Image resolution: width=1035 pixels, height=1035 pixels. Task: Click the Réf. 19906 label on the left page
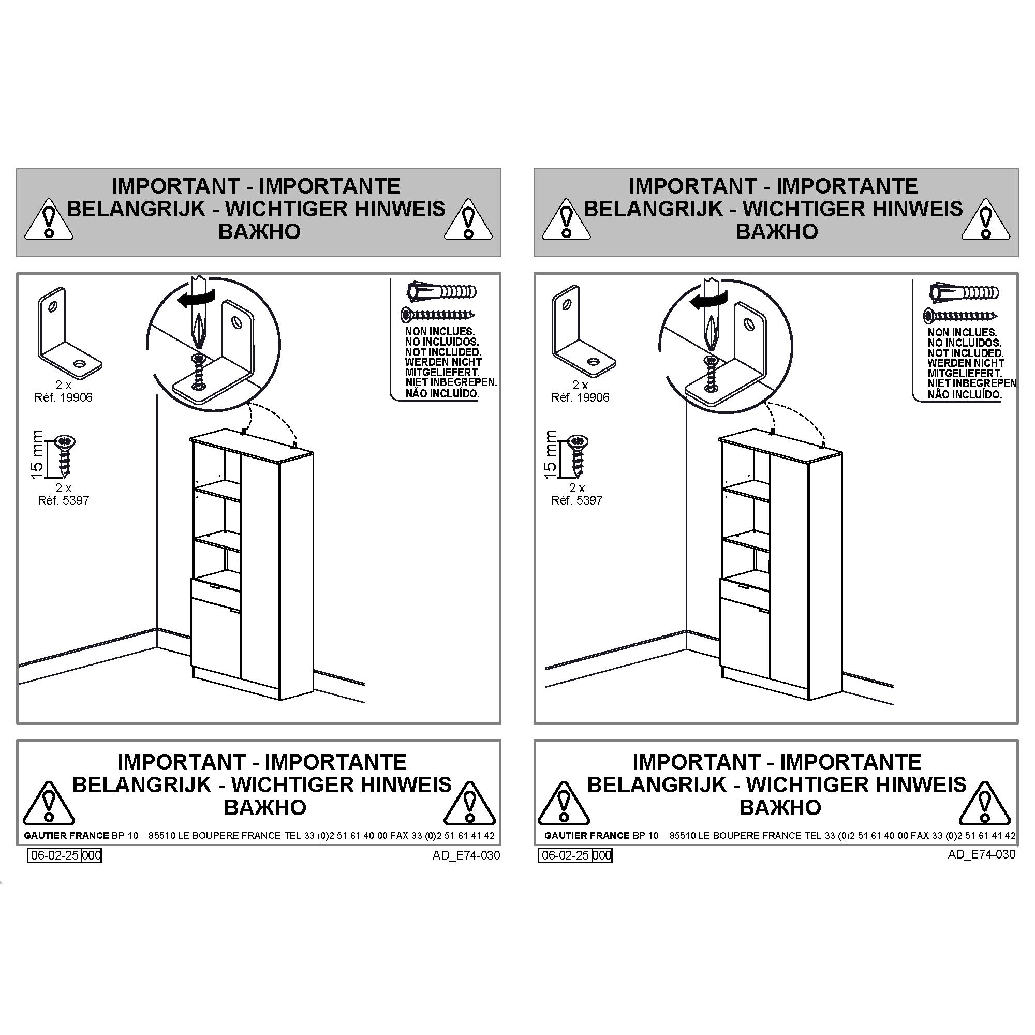click(63, 397)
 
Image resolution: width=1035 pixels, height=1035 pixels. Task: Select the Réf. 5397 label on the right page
click(577, 500)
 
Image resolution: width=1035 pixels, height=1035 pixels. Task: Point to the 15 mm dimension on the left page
click(36, 454)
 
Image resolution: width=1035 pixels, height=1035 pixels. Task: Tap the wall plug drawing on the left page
click(442, 292)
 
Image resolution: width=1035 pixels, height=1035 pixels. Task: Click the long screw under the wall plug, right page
click(961, 316)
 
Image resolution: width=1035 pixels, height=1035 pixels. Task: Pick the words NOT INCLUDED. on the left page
click(443, 352)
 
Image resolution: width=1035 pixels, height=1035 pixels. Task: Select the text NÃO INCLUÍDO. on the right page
click(965, 394)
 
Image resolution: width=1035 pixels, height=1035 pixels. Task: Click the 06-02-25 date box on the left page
click(55, 855)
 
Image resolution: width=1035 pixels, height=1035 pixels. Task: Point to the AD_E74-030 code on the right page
click(981, 854)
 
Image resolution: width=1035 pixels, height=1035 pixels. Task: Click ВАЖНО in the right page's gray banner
click(777, 231)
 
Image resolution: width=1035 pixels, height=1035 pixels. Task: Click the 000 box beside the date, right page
click(602, 855)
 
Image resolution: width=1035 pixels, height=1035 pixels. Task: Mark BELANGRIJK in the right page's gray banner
click(653, 209)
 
